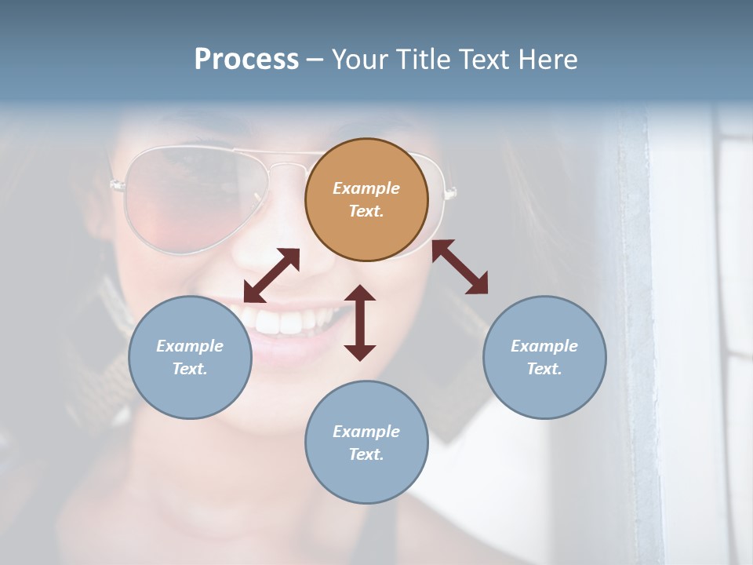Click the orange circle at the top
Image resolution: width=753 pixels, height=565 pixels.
pyautogui.click(x=366, y=199)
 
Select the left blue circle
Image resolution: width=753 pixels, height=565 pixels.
pyautogui.click(x=190, y=357)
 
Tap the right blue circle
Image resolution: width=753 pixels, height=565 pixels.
pyautogui.click(x=544, y=357)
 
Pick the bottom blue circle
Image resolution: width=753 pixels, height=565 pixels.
pyautogui.click(x=366, y=442)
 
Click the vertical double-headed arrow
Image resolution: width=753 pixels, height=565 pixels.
pyautogui.click(x=360, y=323)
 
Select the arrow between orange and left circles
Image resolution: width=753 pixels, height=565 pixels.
pyautogui.click(x=271, y=275)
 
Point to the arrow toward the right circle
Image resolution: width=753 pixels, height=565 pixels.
pyautogui.click(x=460, y=267)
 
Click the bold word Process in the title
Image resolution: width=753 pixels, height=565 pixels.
pyautogui.click(x=246, y=59)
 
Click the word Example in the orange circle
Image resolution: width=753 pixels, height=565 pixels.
pyautogui.click(x=366, y=188)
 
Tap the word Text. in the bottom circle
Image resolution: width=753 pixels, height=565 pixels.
pyautogui.click(x=366, y=454)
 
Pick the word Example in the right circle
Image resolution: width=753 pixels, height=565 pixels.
pyautogui.click(x=544, y=346)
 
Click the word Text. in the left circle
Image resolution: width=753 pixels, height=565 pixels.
pyautogui.click(x=190, y=369)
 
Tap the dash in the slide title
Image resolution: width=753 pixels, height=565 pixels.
pyautogui.click(x=315, y=59)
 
